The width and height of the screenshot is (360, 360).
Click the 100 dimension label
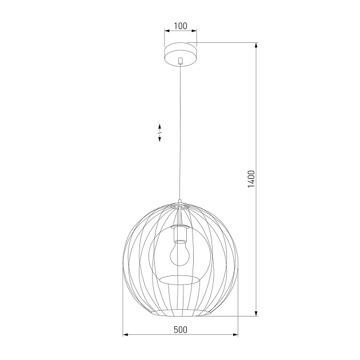[181, 26]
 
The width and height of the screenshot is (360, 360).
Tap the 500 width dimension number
[181, 330]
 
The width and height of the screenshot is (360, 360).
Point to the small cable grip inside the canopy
[180, 60]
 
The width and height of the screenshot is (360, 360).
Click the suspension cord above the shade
[180, 131]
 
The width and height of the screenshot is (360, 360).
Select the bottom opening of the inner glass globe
[179, 279]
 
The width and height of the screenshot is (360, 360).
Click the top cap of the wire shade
[180, 202]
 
